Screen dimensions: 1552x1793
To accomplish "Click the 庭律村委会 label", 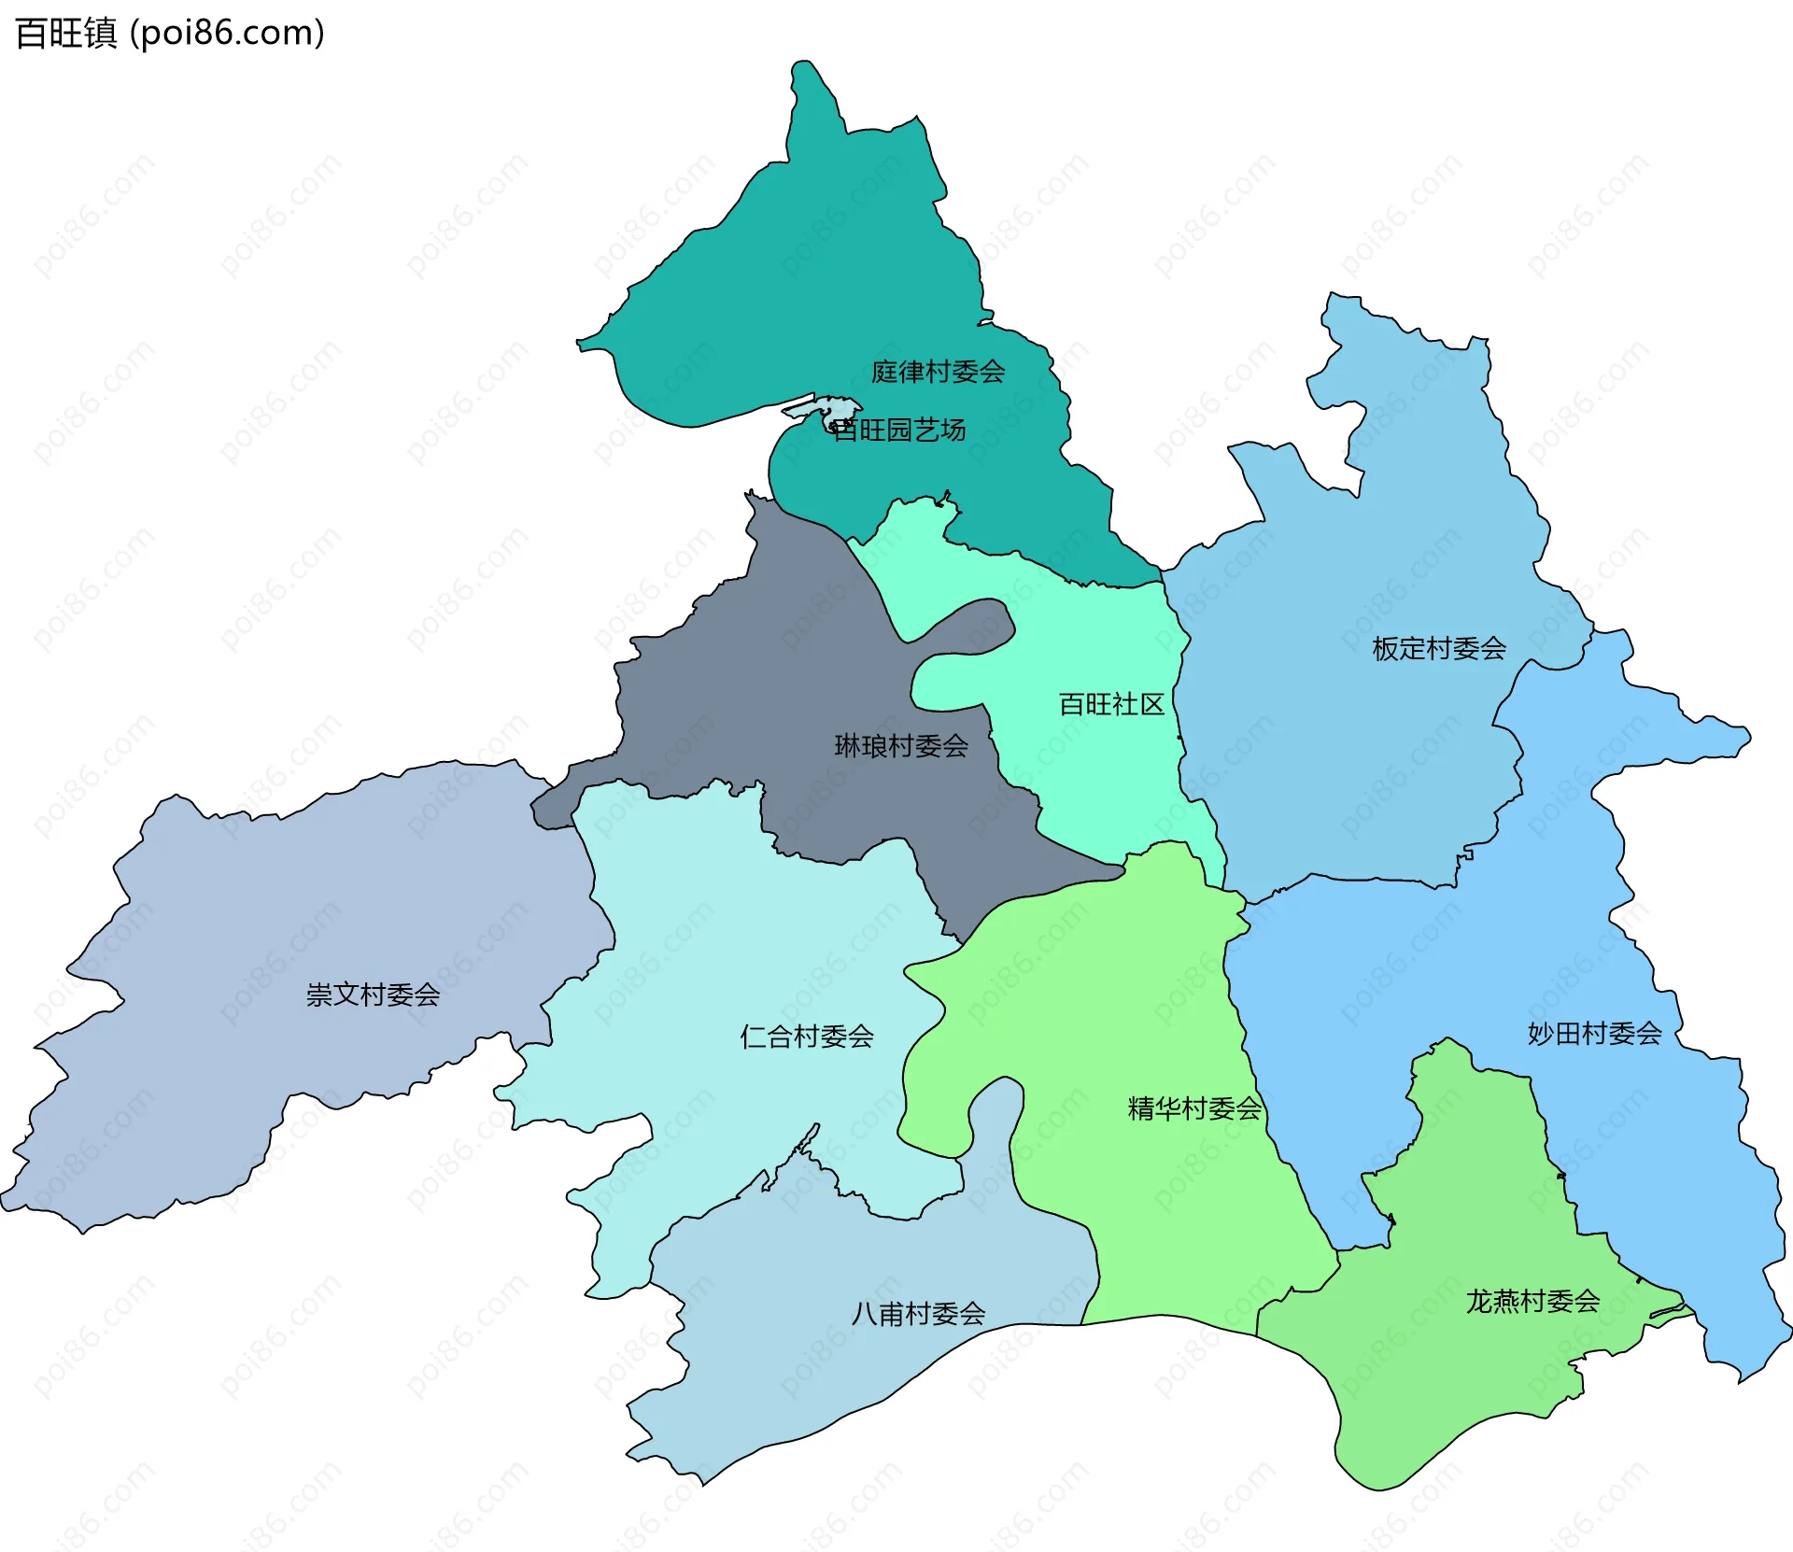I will pos(938,372).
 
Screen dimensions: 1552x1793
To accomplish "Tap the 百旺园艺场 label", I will pos(898,430).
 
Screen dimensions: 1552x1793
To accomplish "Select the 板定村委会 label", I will pos(1438,648).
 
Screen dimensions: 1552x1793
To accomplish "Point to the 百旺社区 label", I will pos(1111,704).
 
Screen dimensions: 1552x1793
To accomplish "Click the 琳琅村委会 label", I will pos(900,745).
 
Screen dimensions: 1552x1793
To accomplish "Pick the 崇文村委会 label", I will pos(373,995).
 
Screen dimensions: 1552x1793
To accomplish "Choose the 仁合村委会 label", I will pos(806,1037).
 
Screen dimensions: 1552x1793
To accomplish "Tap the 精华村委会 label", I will pos(1194,1108).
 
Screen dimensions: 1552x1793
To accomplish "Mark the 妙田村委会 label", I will pos(1594,1033).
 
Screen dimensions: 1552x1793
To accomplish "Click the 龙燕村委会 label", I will pos(1532,1301).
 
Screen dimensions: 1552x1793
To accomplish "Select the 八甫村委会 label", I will pos(918,1314).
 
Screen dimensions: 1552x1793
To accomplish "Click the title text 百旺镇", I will pos(66,34).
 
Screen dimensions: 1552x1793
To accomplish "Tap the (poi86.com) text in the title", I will pos(227,34).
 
